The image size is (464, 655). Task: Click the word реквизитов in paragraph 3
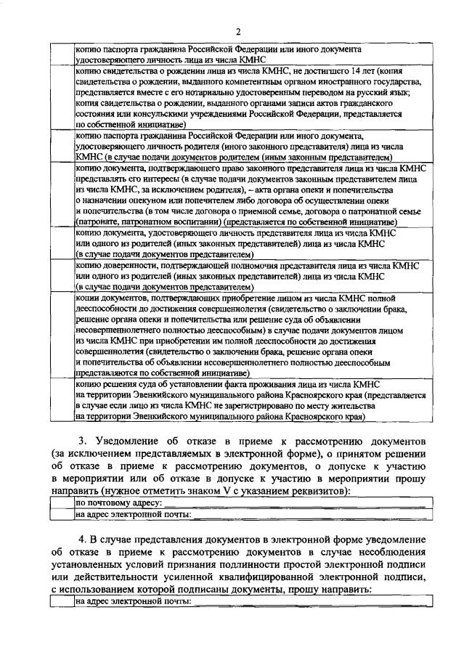[x=319, y=490]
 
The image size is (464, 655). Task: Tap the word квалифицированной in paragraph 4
[x=282, y=577]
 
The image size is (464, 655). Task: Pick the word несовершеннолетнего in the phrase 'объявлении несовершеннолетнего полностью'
[x=119, y=327]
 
